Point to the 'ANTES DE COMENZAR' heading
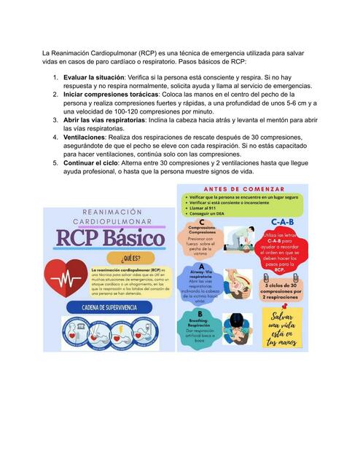pyautogui.click(x=242, y=189)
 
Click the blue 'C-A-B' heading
pyautogui.click(x=283, y=221)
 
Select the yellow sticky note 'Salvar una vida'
pyautogui.click(x=282, y=328)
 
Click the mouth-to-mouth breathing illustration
pyautogui.click(x=236, y=325)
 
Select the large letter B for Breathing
pyautogui.click(x=200, y=313)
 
